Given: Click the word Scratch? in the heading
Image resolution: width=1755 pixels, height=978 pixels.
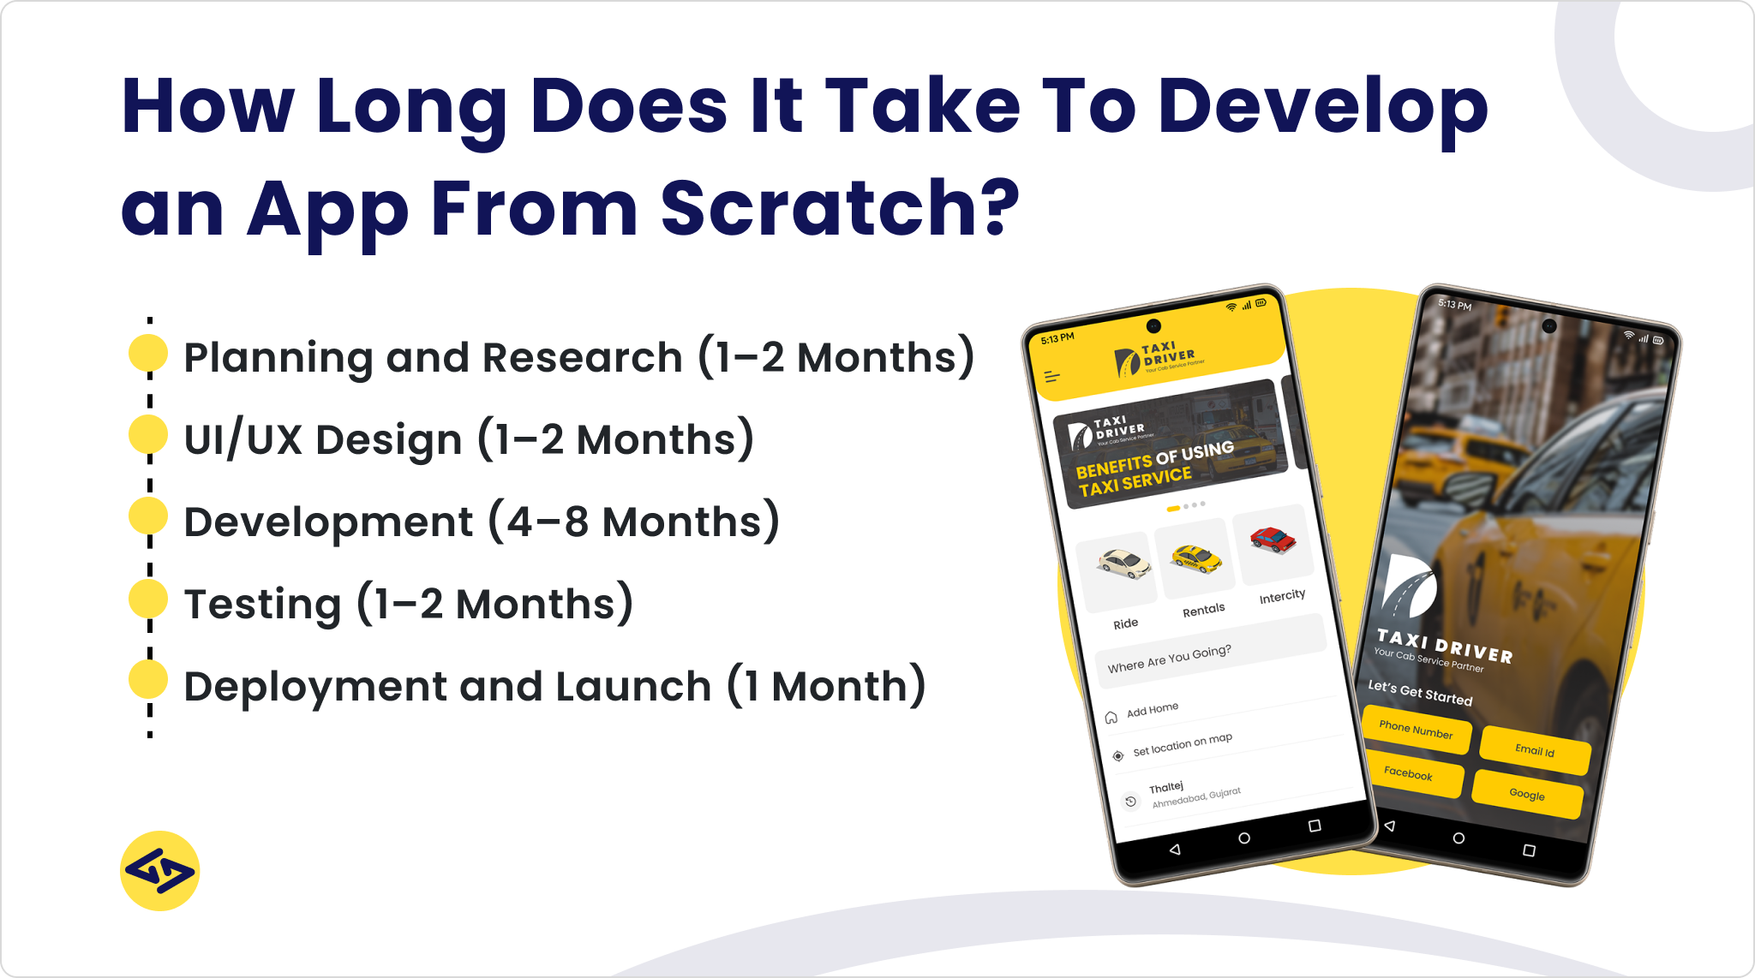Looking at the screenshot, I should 840,208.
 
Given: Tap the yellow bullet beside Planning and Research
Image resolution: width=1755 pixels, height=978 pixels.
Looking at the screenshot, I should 147,354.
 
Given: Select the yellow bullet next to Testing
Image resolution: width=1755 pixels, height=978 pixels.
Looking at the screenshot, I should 147,599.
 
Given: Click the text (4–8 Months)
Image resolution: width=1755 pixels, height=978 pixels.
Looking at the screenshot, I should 634,522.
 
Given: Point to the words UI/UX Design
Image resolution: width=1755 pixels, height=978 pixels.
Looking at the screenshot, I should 323,440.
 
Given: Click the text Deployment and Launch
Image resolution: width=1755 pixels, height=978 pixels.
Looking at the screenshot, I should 447,687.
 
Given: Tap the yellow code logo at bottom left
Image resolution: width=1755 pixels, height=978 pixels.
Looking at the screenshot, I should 160,871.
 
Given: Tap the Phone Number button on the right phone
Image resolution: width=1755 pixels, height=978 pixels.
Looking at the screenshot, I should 1416,731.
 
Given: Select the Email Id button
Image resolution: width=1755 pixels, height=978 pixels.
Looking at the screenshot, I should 1535,751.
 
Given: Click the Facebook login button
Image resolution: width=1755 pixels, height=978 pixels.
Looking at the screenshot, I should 1408,773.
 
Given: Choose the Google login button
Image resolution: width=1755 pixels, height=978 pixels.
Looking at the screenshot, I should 1527,795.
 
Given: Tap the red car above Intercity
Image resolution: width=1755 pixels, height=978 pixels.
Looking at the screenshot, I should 1272,540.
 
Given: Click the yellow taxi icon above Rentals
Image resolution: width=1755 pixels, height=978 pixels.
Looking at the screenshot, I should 1195,558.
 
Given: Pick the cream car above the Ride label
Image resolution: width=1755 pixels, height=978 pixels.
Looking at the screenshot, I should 1123,564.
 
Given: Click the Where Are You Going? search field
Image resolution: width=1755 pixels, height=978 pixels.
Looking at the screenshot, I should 1208,653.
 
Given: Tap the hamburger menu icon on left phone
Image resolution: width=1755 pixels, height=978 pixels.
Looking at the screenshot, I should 1052,377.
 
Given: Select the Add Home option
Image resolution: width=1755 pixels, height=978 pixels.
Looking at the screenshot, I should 1152,709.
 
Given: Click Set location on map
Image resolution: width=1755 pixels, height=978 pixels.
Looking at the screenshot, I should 1182,744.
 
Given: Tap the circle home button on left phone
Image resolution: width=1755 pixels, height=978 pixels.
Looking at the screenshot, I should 1244,838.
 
